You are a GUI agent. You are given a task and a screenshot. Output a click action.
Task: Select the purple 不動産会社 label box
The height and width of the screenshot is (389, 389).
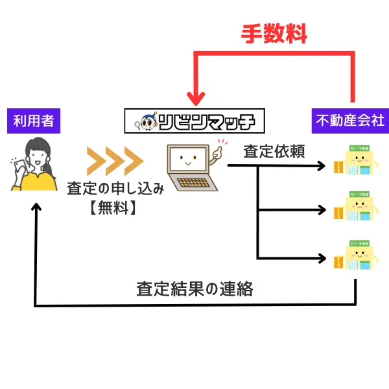tap(349, 121)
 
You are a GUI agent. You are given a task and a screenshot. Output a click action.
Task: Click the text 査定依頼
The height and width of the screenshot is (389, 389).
tap(274, 152)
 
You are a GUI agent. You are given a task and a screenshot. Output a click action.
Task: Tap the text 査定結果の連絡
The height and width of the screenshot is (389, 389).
tap(194, 289)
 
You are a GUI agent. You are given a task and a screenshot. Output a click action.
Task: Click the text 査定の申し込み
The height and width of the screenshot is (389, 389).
tap(115, 189)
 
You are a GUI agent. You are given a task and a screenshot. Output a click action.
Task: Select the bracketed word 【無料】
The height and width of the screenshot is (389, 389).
tap(115, 209)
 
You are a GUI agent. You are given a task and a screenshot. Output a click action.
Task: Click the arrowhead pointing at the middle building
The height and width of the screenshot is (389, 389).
tap(320, 210)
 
